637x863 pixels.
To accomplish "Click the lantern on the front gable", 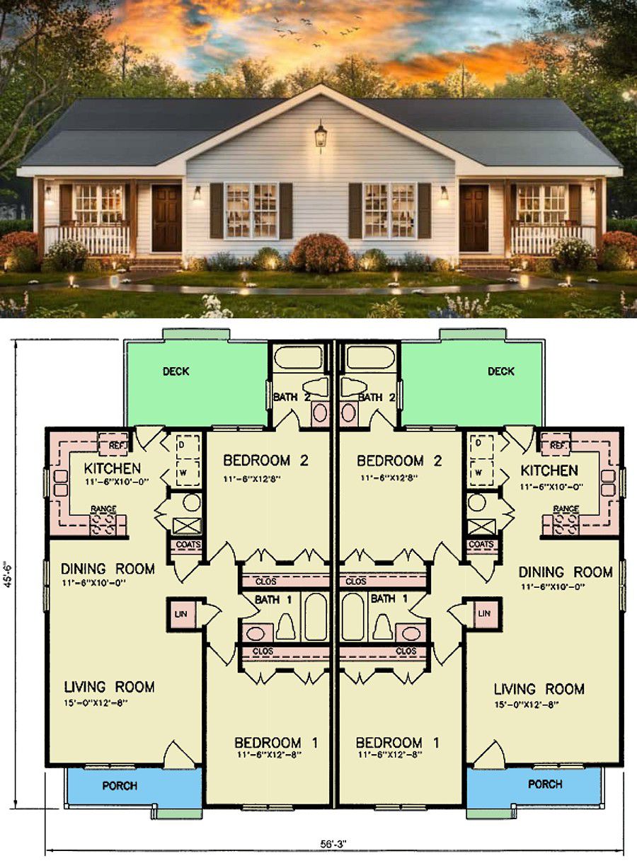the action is tap(321, 136).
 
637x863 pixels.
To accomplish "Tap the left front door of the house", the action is tap(166, 218).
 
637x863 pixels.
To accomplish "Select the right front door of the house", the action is tap(474, 218).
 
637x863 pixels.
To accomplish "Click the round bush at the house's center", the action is tap(321, 253).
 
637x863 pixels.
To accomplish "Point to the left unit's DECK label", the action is tap(176, 371).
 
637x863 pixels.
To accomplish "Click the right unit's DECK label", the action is tap(501, 371).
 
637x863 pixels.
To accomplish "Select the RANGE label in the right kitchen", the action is tap(566, 509).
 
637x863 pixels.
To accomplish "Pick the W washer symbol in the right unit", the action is tap(478, 473).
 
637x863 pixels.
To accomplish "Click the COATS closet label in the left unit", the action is tap(188, 545).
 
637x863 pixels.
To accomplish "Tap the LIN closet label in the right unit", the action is tap(484, 613).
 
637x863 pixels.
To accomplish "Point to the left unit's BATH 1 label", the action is tap(273, 599).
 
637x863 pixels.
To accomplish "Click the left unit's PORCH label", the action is tap(120, 786).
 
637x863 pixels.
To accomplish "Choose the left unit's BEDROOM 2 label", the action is tap(265, 461).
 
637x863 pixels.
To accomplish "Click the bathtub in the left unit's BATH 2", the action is tap(298, 357).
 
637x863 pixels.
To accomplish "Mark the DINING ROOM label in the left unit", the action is tap(108, 569).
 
